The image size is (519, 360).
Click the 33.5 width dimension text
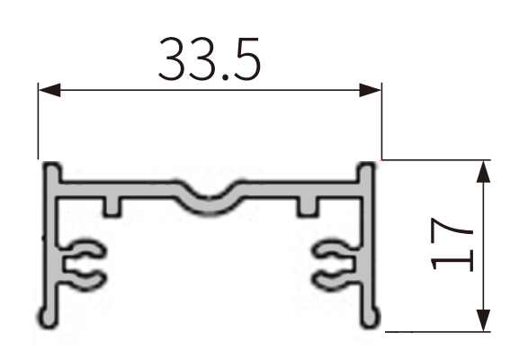(209, 58)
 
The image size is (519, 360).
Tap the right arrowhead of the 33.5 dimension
(372, 90)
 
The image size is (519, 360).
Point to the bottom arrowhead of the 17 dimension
(483, 322)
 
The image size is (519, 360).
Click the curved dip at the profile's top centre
(212, 202)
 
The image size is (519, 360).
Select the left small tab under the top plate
(112, 205)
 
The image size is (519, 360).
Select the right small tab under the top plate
(309, 205)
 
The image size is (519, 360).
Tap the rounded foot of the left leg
(47, 316)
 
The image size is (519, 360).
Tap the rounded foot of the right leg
(371, 316)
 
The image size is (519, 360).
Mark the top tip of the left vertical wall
(52, 170)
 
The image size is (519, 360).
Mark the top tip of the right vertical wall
(367, 170)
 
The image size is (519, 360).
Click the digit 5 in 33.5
(244, 58)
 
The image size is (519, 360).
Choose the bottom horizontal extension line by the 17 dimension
(441, 330)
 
